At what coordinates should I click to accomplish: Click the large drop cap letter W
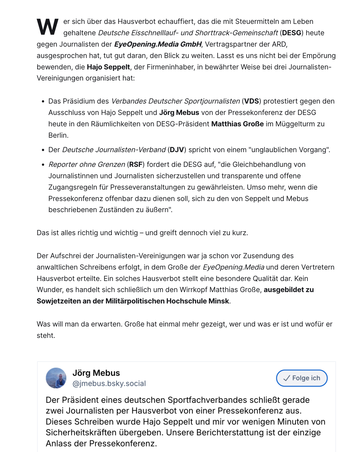(x=48, y=27)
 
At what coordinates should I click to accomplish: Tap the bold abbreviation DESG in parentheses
(x=291, y=33)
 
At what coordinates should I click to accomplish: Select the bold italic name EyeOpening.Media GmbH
(x=158, y=44)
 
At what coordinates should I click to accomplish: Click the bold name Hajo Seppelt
(x=108, y=67)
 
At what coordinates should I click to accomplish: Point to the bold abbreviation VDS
(x=251, y=101)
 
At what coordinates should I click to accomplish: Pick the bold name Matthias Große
(x=237, y=124)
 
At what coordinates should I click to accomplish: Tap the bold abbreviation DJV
(x=177, y=150)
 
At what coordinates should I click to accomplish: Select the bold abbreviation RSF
(x=136, y=164)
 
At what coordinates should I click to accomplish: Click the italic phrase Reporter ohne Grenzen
(x=87, y=164)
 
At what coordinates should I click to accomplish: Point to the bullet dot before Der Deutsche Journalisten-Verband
(x=43, y=150)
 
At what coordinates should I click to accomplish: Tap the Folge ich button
(x=302, y=378)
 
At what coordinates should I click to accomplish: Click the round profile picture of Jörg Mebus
(x=56, y=378)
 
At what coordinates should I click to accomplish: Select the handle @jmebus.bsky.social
(x=109, y=383)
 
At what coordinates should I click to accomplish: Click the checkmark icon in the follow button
(x=286, y=378)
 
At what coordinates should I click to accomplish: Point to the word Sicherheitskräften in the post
(x=81, y=432)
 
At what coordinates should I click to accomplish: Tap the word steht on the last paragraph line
(x=46, y=335)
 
